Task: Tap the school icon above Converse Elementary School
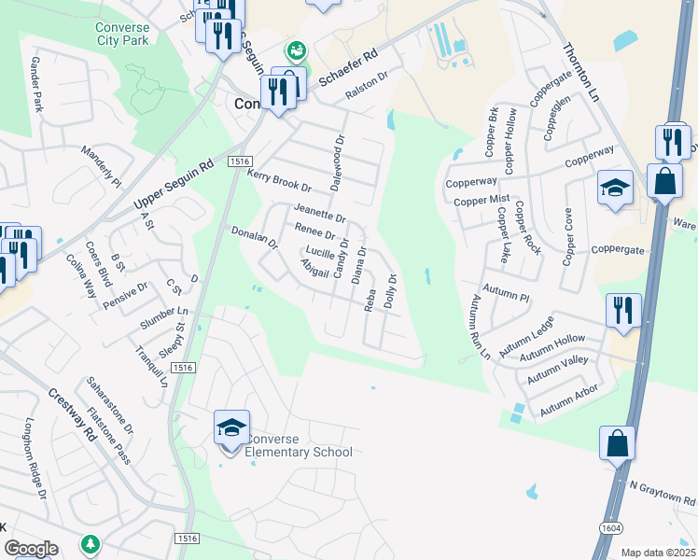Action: (231, 428)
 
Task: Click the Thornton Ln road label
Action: (579, 72)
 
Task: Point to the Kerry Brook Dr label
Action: (278, 181)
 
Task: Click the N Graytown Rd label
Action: (662, 494)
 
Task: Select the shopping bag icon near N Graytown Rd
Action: (617, 443)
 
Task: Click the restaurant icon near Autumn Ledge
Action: (622, 309)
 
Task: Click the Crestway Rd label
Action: (73, 415)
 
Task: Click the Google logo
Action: (30, 549)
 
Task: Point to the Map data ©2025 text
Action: (657, 553)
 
